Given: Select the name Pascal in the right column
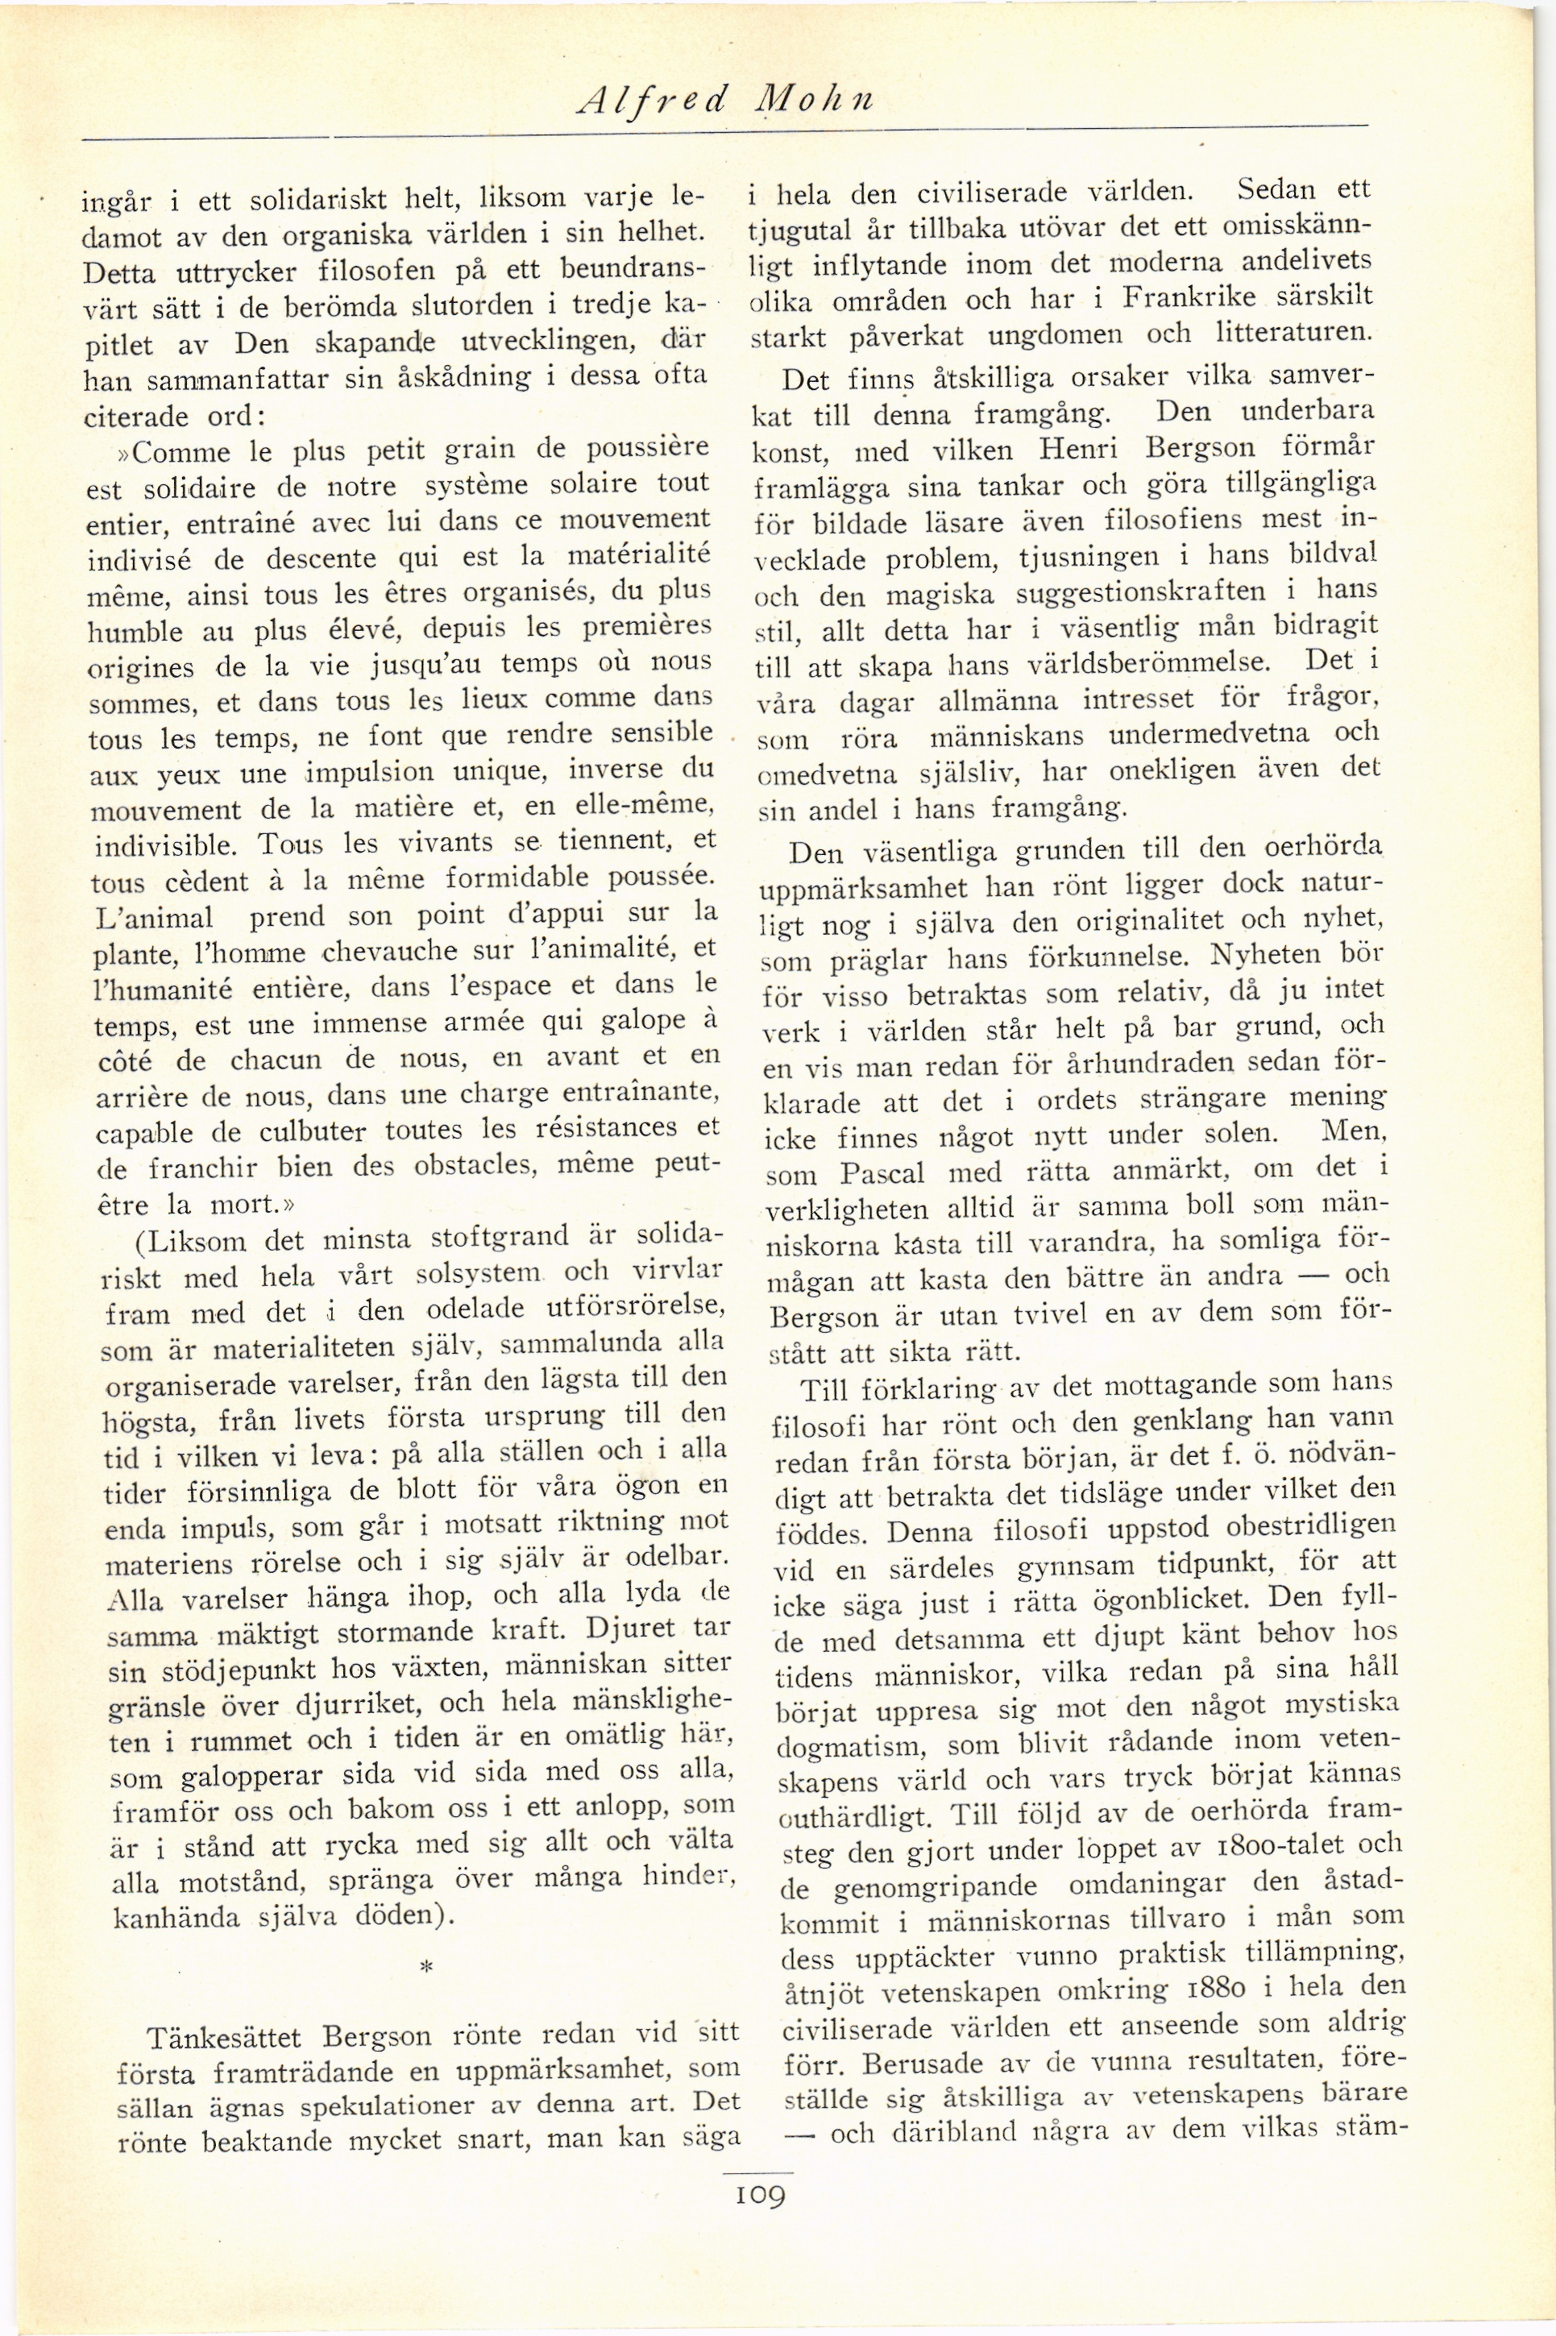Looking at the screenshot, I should [882, 1173].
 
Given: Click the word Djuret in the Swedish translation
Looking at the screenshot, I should [630, 1629].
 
